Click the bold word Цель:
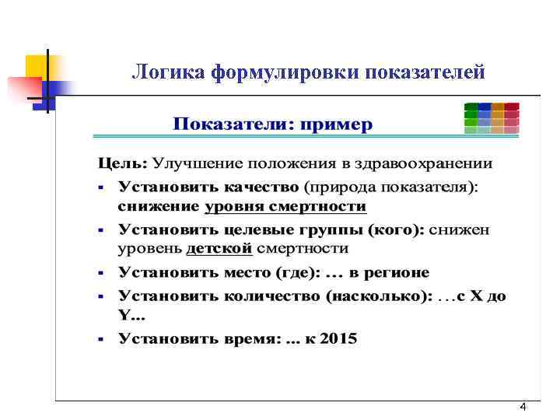121,165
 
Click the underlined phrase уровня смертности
285,207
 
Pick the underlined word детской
219,250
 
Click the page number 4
523,408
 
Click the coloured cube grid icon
491,117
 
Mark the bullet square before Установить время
101,340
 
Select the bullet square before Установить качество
101,188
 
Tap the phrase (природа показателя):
392,187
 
